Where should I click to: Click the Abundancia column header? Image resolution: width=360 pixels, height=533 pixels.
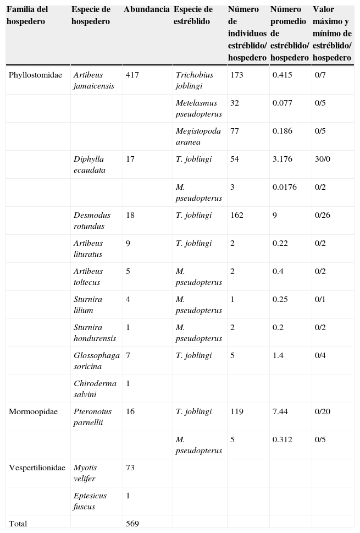146,10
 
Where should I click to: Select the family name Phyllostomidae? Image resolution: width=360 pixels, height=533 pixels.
35,75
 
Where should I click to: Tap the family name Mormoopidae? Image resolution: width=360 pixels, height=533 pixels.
33,411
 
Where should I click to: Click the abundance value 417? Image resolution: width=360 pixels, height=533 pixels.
132,75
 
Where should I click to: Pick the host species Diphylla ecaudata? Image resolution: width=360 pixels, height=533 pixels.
90,164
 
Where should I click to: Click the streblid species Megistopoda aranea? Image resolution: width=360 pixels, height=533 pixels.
198,136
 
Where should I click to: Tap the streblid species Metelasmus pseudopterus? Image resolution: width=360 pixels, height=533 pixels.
199,108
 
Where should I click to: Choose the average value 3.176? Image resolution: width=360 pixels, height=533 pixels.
283,159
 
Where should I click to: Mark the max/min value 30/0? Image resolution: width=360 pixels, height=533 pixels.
323,159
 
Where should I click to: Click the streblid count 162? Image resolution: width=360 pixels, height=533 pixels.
237,215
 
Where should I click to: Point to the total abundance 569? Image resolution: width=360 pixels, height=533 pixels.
132,524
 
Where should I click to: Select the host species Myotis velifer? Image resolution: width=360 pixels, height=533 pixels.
85,473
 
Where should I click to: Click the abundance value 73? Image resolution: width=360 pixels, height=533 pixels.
130,468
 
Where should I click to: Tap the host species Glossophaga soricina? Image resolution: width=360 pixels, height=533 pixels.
97,361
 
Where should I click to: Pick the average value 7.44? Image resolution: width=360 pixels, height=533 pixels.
280,411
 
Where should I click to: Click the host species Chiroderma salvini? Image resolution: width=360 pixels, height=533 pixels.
95,389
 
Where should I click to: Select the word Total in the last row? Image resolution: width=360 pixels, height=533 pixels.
18,524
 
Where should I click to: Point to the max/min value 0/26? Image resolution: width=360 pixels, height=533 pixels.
323,215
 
